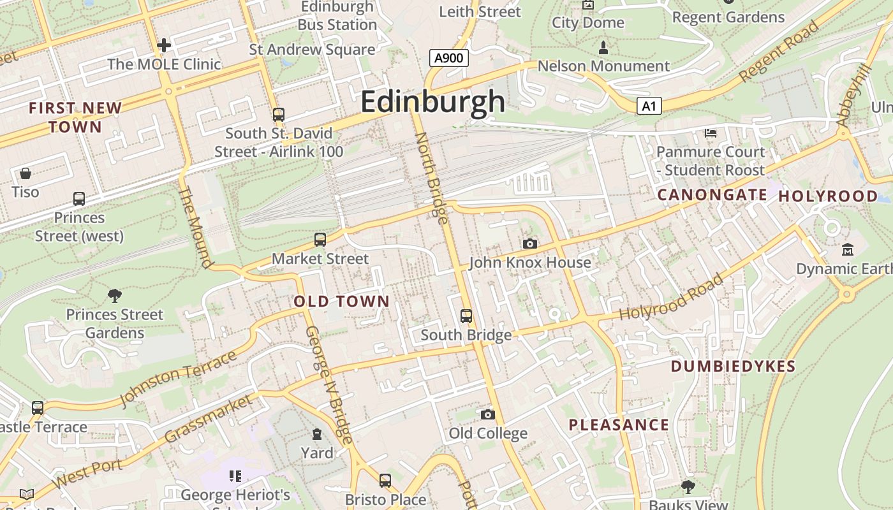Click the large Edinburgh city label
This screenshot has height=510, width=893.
432,102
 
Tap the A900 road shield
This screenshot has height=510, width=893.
449,59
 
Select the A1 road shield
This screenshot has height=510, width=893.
649,106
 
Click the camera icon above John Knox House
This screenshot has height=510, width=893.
529,244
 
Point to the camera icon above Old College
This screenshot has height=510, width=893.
488,415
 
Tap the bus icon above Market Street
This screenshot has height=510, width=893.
320,240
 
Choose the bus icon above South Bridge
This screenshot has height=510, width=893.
466,316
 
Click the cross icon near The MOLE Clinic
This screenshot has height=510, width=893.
164,45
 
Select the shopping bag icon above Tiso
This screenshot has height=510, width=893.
26,173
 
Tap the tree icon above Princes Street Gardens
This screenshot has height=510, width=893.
115,295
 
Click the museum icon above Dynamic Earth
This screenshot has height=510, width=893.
848,249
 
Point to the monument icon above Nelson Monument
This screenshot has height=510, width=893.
603,47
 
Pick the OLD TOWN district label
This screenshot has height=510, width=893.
341,302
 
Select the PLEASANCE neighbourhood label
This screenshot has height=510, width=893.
619,425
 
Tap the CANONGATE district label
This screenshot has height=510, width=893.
712,195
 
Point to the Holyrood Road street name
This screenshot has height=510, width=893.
672,297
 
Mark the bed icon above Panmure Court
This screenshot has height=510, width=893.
711,133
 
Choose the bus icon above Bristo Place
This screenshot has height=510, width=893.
385,481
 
